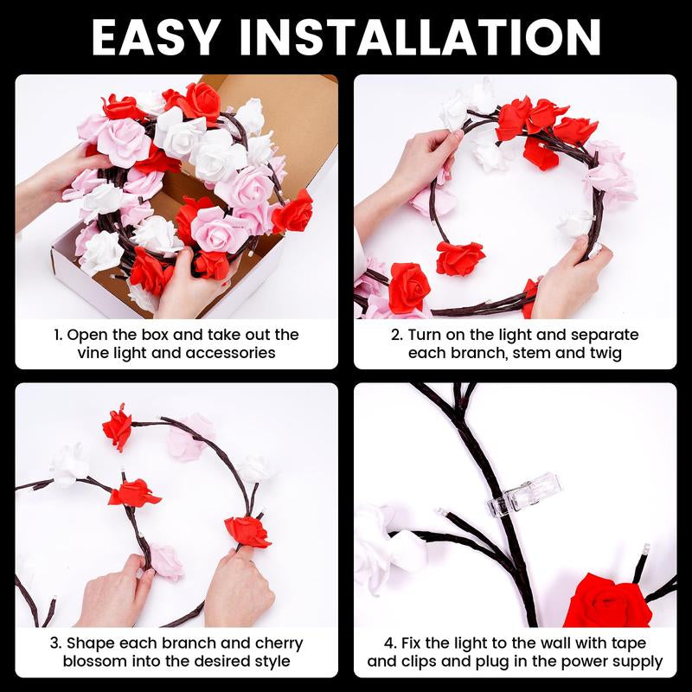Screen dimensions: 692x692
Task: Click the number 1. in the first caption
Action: click(59, 335)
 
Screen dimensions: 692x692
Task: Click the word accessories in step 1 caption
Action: click(235, 353)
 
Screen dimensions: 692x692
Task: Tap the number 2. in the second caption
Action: click(397, 335)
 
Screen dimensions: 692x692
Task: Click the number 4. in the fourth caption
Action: click(392, 644)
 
